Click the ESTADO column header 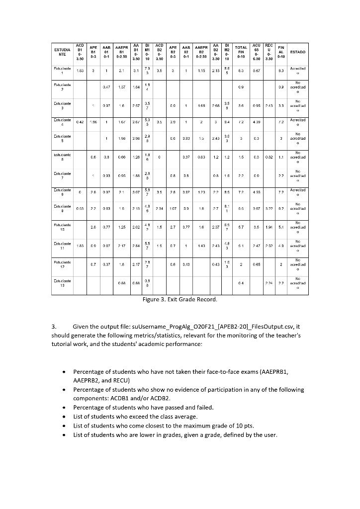click(x=298, y=52)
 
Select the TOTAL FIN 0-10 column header click(x=241, y=52)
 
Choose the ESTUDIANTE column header click(x=63, y=52)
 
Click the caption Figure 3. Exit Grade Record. click(x=180, y=300)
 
